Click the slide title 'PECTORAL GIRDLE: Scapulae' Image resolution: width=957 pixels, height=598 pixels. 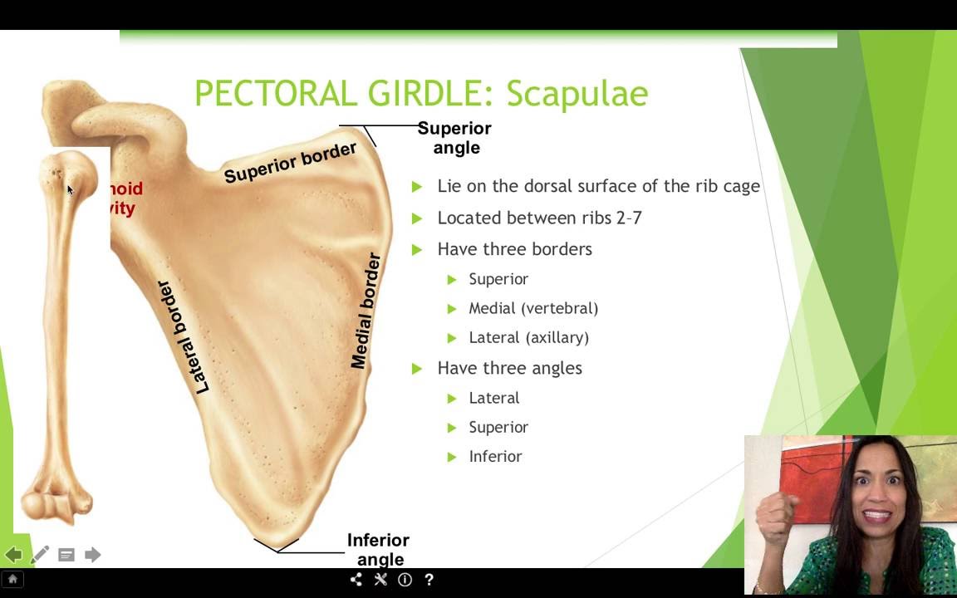421,94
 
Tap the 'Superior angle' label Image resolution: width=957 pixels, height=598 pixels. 454,138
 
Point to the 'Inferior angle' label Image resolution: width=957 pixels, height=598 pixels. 379,550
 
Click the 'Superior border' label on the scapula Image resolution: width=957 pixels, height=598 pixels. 290,163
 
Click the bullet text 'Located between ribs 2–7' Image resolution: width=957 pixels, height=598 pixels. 539,218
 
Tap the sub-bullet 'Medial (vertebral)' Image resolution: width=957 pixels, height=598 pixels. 533,308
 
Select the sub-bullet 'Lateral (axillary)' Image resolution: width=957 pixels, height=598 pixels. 528,337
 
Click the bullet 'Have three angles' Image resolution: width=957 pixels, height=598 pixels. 509,368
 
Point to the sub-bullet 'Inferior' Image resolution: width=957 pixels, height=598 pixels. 495,456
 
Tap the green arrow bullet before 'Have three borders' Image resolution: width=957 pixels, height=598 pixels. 417,249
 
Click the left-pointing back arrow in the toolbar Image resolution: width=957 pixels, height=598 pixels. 13,555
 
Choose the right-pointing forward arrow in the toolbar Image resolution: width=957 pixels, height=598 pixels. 92,555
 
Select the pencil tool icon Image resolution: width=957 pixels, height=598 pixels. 40,555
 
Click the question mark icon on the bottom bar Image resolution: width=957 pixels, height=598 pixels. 429,580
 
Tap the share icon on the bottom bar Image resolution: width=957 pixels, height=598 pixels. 356,580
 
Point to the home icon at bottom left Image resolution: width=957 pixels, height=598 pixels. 12,580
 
